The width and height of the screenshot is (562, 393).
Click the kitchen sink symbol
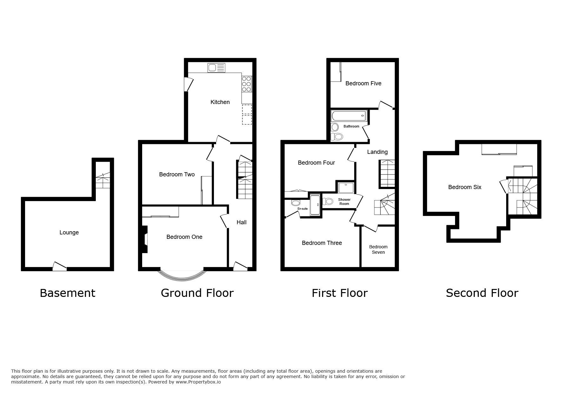point(216,68)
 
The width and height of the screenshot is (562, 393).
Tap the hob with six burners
point(247,84)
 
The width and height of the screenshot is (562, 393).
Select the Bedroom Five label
point(363,83)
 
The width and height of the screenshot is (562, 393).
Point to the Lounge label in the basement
point(69,233)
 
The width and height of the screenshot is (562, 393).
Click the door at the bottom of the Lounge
point(60,266)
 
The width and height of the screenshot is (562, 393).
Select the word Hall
point(241,222)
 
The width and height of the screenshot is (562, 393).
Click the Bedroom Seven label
point(378,249)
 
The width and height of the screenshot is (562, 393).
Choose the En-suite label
point(302,209)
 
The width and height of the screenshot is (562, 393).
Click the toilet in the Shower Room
point(328,201)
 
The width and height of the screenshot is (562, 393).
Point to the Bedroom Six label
point(464,187)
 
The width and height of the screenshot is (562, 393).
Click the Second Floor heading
point(482,293)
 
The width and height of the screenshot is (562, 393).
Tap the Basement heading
point(67,293)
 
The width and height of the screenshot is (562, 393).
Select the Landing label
point(377,152)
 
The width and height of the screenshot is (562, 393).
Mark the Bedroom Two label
point(176,174)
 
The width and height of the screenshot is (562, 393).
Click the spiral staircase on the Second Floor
point(523,197)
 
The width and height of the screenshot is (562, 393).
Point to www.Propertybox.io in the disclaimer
point(198,382)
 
